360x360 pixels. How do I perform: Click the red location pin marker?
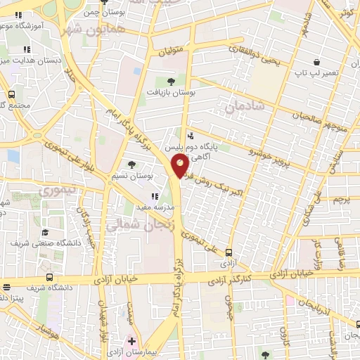pos(180,166)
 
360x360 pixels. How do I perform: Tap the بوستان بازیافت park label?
pos(170,91)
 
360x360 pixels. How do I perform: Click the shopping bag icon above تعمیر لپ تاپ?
pos(317,62)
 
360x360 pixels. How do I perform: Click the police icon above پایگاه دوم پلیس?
pos(189,136)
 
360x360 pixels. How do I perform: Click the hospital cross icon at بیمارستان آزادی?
pos(131,341)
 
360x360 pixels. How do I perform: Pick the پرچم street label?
pos(342,200)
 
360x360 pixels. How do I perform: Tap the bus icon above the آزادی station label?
pos(229,252)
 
